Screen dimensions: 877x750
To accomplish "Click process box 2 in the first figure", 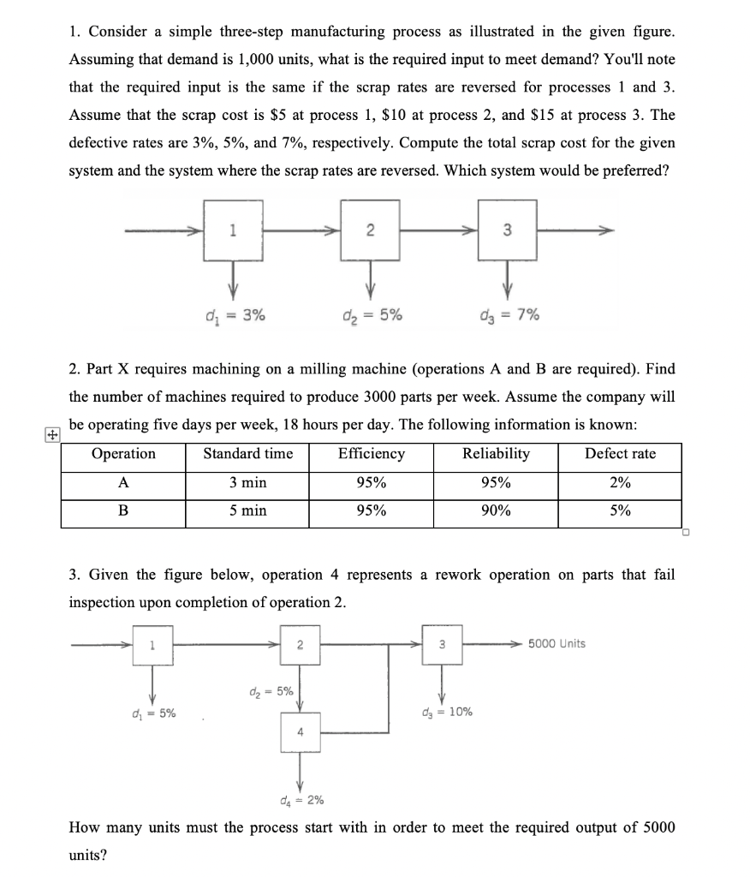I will click(370, 230).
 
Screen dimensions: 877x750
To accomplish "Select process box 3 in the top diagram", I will click(507, 230).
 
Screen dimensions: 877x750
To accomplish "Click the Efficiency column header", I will click(371, 454).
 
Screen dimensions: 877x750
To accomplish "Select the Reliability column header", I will click(496, 454).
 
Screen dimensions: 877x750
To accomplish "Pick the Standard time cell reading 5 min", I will click(248, 511).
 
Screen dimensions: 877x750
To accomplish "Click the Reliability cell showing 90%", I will click(496, 511).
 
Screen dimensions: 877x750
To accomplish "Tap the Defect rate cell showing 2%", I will click(621, 483).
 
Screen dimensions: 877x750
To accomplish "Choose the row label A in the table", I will click(123, 483).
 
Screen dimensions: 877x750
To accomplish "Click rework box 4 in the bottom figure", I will click(301, 733).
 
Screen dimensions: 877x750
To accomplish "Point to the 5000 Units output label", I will click(557, 644).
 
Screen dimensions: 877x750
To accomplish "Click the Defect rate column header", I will click(621, 454).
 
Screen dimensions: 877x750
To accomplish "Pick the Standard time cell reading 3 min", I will click(248, 483).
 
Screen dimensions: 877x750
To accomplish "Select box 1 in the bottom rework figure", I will click(153, 644).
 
